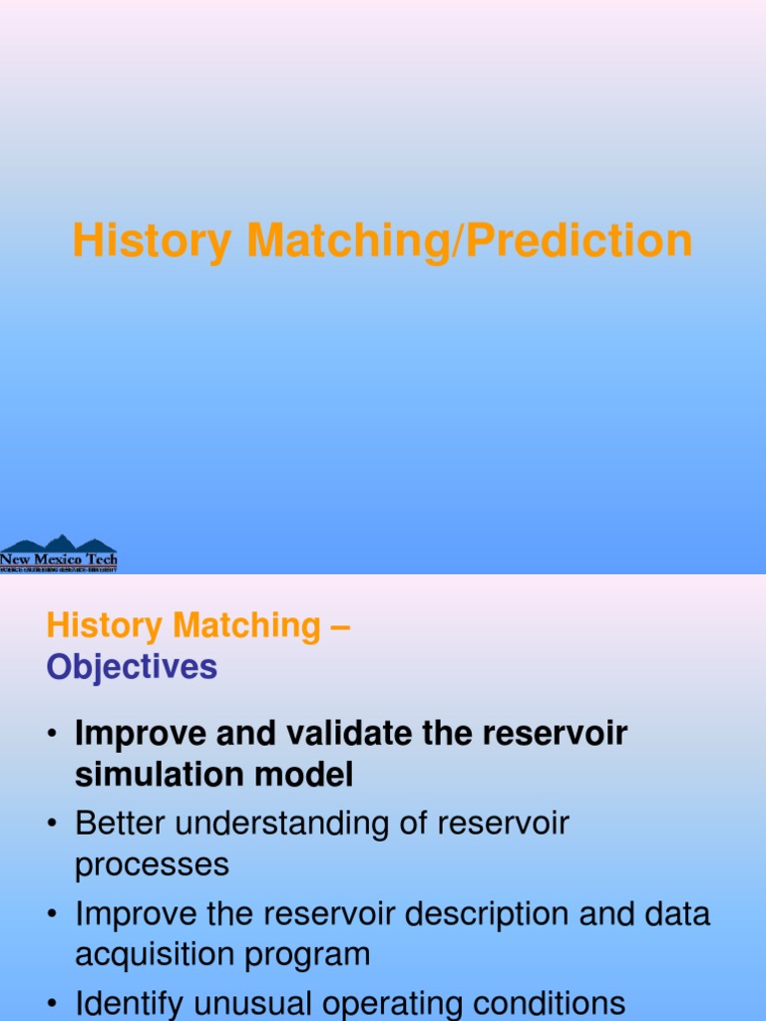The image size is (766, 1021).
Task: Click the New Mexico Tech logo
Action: coord(59,553)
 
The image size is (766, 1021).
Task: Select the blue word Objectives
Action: coord(132,667)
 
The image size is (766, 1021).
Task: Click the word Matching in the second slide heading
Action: coord(244,626)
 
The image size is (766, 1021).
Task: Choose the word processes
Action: coord(152,865)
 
